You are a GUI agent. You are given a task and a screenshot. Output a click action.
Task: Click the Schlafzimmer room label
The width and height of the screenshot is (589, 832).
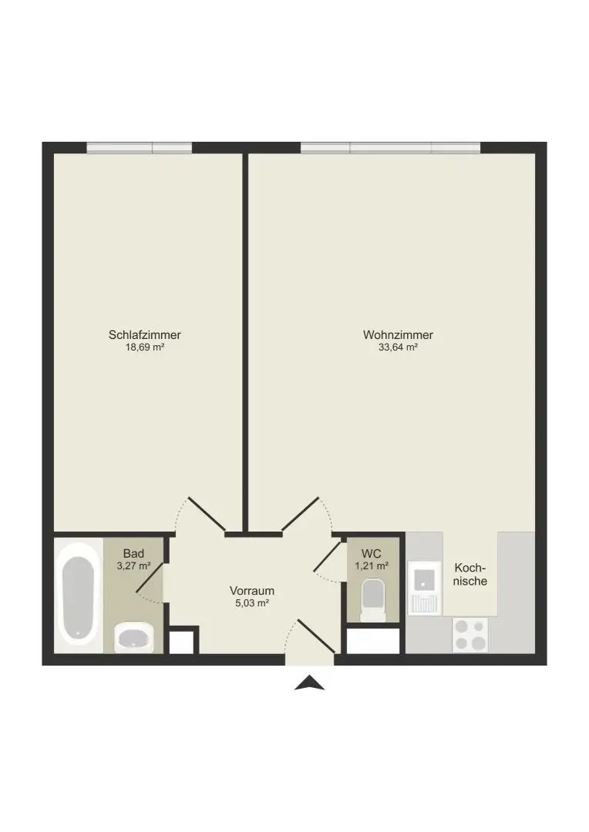(145, 335)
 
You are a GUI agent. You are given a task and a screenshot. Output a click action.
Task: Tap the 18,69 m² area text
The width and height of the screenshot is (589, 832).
(145, 347)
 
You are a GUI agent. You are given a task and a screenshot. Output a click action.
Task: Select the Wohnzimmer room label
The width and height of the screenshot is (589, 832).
(398, 335)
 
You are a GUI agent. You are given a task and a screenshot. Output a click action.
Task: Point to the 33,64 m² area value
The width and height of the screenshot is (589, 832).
(398, 347)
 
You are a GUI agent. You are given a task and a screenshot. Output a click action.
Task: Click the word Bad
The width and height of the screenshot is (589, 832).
(133, 553)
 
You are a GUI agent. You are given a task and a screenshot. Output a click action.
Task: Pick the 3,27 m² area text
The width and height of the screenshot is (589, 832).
(133, 565)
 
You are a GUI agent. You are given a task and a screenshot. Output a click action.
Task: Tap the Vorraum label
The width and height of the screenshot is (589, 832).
(252, 591)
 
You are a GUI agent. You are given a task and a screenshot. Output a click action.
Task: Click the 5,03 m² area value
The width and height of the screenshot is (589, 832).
(252, 603)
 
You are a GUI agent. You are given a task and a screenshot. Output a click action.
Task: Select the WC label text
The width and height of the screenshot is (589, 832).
(372, 553)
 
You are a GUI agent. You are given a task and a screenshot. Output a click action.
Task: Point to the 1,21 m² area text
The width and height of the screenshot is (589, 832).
(372, 565)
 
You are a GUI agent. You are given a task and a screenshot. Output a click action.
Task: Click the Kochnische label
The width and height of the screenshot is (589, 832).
(470, 575)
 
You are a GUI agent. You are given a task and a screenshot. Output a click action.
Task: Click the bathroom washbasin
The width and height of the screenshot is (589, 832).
(134, 638)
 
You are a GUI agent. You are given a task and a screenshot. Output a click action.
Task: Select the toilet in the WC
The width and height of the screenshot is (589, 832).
(373, 600)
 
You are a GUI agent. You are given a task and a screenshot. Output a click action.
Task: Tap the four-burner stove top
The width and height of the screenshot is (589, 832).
(470, 636)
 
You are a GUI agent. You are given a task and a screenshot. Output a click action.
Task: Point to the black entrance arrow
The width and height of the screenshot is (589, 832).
(310, 683)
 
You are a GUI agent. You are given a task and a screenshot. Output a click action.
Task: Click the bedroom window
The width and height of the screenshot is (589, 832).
(139, 147)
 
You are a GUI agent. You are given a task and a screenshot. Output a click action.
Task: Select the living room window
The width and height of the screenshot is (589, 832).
(390, 147)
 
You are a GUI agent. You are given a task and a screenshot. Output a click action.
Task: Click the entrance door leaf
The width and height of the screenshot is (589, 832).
(316, 637)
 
